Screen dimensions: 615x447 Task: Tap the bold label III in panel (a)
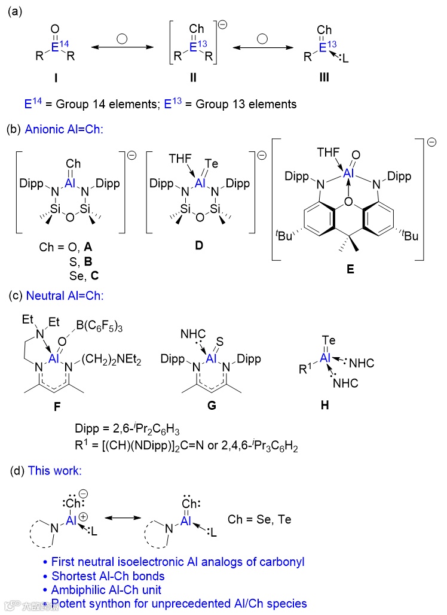(324, 78)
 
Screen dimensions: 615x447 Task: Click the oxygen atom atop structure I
(56, 28)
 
